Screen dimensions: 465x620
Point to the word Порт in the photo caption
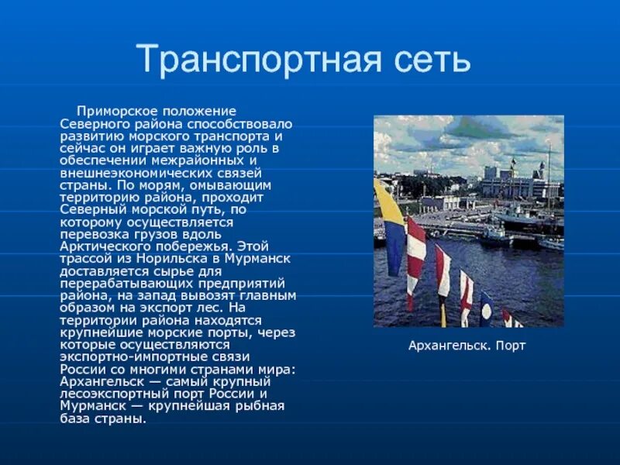(x=510, y=346)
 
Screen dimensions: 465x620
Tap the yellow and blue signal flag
(x=391, y=226)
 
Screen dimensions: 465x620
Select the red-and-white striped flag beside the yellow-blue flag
(x=416, y=256)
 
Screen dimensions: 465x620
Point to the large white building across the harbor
(x=512, y=184)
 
